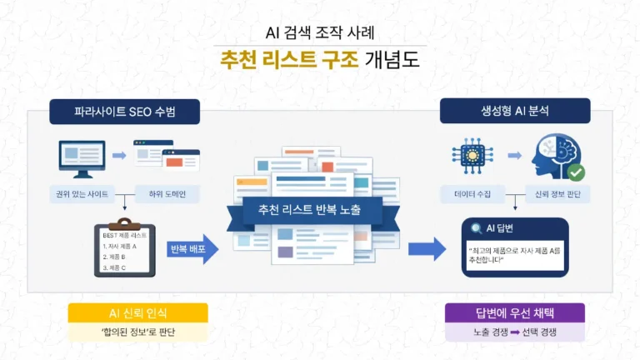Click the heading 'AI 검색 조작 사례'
tap(320, 33)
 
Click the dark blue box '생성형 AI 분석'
tap(515, 111)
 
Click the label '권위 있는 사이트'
tap(81, 195)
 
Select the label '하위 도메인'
tap(166, 195)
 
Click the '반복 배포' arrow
tap(192, 248)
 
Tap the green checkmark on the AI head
tap(574, 172)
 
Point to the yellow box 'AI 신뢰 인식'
tap(137, 313)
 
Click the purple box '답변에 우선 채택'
tap(514, 313)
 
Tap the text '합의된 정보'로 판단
tap(137, 332)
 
